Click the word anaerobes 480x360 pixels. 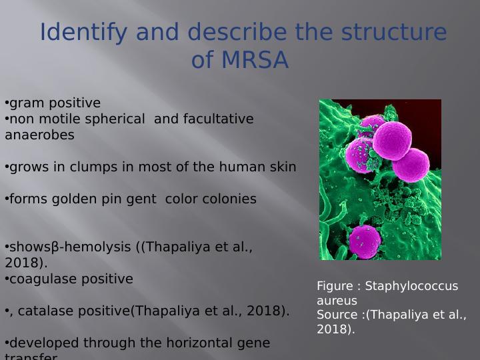point(39,135)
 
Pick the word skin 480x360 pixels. point(282,167)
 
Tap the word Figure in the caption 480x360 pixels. point(335,286)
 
